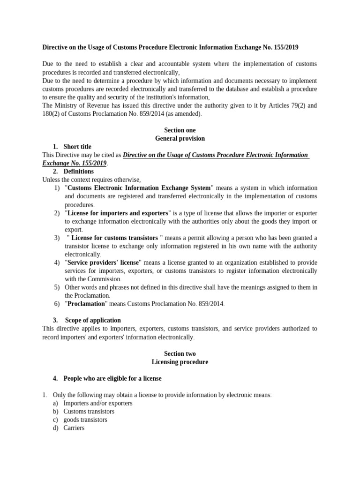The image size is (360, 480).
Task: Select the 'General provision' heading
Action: tap(180, 139)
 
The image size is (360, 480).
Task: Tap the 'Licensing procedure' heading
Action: tap(180, 362)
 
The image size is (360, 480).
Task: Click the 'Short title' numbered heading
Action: tap(77, 147)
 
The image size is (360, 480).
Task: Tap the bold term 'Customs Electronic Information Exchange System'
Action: tap(140, 188)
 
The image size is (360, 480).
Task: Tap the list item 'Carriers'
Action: tap(74, 428)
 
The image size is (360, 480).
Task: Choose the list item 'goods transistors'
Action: tap(85, 420)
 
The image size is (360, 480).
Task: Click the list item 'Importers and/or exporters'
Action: tap(98, 403)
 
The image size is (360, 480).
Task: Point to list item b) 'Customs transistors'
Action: tap(89, 412)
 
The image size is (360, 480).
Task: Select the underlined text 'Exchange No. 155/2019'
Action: tap(75, 163)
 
